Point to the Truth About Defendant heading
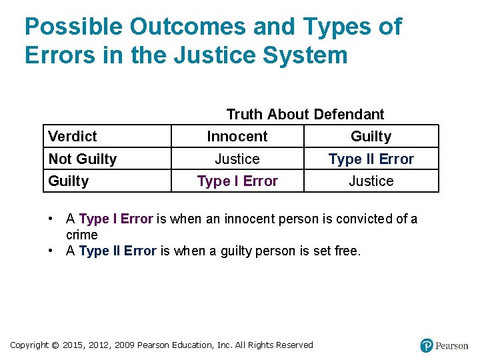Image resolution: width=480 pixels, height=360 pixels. click(x=305, y=115)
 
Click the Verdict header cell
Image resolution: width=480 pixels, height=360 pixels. click(x=73, y=137)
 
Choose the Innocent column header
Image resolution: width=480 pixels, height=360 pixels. click(x=237, y=137)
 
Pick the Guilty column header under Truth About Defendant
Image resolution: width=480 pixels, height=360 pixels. click(x=371, y=137)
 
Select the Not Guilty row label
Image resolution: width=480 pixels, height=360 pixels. click(x=83, y=159)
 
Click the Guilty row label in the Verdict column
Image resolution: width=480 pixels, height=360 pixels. click(x=69, y=181)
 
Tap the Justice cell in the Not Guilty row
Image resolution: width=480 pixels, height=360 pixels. click(x=237, y=159)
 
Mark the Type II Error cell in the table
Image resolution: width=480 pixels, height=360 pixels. click(x=371, y=159)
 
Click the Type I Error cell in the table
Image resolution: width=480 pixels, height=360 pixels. click(x=237, y=181)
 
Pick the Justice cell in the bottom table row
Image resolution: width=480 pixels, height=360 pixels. click(x=371, y=181)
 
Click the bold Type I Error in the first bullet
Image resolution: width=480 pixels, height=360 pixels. click(x=116, y=219)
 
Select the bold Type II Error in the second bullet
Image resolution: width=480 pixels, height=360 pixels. click(x=117, y=251)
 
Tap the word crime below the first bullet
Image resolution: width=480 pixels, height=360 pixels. click(x=82, y=235)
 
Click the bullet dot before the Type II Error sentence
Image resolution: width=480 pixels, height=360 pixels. click(x=51, y=251)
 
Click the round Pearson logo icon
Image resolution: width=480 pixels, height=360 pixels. click(x=427, y=345)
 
